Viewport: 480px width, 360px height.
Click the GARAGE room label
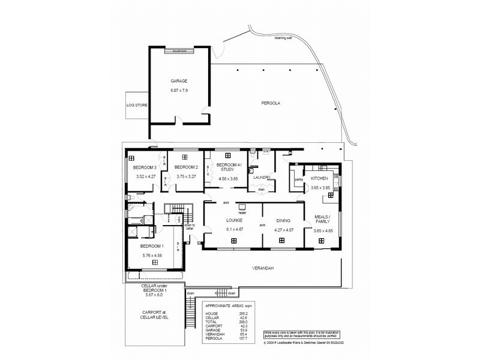click(x=179, y=80)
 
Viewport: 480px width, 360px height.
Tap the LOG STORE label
click(x=137, y=105)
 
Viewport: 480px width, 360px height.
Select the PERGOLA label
click(x=271, y=103)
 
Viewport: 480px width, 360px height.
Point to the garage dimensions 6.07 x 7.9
click(x=179, y=91)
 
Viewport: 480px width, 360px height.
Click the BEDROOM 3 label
click(x=145, y=167)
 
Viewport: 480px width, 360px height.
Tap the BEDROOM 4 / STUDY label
click(x=229, y=167)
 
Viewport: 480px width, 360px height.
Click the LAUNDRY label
click(x=262, y=178)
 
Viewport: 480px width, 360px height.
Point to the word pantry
click(x=298, y=178)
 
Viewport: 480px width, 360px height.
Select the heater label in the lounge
click(x=242, y=213)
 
